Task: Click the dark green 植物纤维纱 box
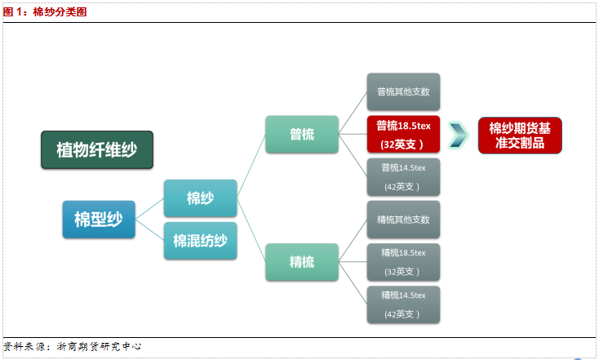[x=97, y=150]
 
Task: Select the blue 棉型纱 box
[x=99, y=220]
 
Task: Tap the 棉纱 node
[x=201, y=198]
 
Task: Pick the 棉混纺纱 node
[x=201, y=241]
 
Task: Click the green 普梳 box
[x=302, y=135]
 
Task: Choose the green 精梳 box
[x=302, y=262]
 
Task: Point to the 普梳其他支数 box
[x=403, y=91]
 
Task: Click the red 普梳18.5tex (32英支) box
[x=403, y=135]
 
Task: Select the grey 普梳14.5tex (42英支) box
[x=403, y=177]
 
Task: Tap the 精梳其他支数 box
[x=403, y=220]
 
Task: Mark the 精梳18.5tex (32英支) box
[x=403, y=262]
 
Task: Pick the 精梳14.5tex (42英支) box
[x=403, y=304]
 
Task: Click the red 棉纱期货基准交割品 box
[x=520, y=136]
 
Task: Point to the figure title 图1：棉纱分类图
[x=45, y=12]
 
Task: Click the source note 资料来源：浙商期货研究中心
[x=72, y=347]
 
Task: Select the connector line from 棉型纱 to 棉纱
[x=150, y=209]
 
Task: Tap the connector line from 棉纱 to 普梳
[x=251, y=167]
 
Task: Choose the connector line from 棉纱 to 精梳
[x=251, y=230]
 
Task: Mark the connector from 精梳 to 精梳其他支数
[x=353, y=241]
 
